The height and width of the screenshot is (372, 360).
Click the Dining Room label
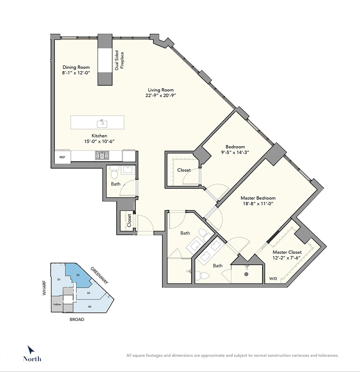pyautogui.click(x=76, y=67)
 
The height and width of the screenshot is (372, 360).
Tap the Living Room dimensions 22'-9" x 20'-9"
pyautogui.click(x=161, y=96)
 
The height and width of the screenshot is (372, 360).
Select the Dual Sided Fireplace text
pyautogui.click(x=120, y=60)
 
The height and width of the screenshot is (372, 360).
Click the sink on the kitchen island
pyautogui.click(x=102, y=124)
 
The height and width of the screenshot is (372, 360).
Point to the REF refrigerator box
pyautogui.click(x=63, y=157)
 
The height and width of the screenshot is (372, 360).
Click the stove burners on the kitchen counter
pyautogui.click(x=102, y=155)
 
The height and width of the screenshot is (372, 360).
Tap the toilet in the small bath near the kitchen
pyautogui.click(x=114, y=172)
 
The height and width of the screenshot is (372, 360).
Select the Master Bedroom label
pyautogui.click(x=258, y=198)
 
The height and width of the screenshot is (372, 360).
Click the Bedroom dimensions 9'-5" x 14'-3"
pyautogui.click(x=235, y=153)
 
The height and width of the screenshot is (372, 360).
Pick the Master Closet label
pyautogui.click(x=287, y=252)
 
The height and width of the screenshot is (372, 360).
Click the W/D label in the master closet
pyautogui.click(x=273, y=279)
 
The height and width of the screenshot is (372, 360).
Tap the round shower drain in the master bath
pyautogui.click(x=246, y=274)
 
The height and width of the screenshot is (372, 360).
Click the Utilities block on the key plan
pyautogui.click(x=57, y=304)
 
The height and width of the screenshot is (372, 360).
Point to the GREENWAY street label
pyautogui.click(x=99, y=275)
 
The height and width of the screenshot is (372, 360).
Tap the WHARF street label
pyautogui.click(x=44, y=288)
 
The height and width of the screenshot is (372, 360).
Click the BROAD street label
pyautogui.click(x=77, y=320)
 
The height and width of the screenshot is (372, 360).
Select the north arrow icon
pyautogui.click(x=31, y=350)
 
